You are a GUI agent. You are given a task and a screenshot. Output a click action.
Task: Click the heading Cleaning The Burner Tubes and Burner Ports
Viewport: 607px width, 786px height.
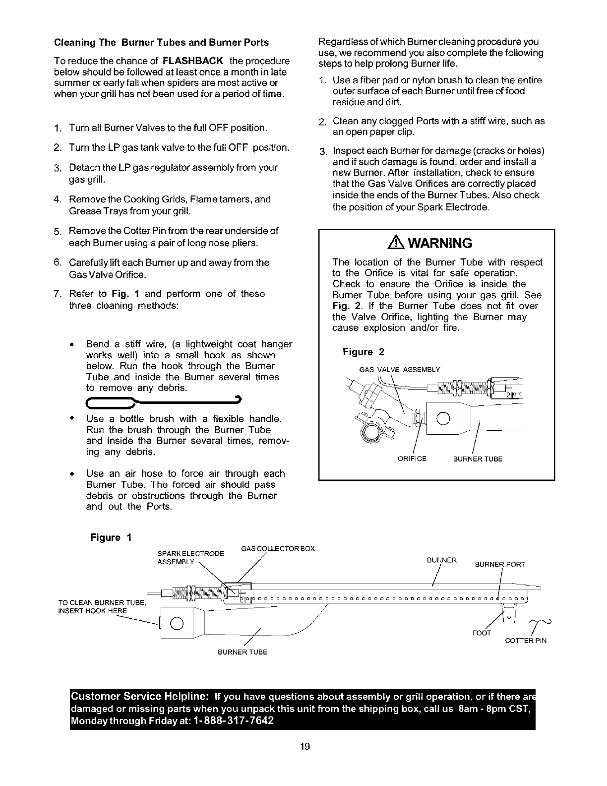pyautogui.click(x=161, y=42)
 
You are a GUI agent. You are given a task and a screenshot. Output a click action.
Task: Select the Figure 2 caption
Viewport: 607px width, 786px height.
pyautogui.click(x=364, y=352)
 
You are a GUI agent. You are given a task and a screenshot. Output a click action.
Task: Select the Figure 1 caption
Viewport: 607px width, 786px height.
pyautogui.click(x=111, y=538)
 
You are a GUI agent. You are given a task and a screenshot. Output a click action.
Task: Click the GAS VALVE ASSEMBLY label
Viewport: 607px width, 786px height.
pyautogui.click(x=399, y=370)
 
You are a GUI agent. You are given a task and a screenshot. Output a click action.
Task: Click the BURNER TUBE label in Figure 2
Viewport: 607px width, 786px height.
pyautogui.click(x=478, y=459)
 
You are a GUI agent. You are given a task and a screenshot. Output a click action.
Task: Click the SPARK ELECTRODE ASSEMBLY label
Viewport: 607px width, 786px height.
pyautogui.click(x=190, y=558)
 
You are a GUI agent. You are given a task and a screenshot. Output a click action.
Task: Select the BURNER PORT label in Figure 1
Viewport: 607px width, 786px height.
pyautogui.click(x=500, y=564)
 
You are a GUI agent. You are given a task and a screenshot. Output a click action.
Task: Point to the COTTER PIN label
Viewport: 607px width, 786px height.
pyautogui.click(x=526, y=641)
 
